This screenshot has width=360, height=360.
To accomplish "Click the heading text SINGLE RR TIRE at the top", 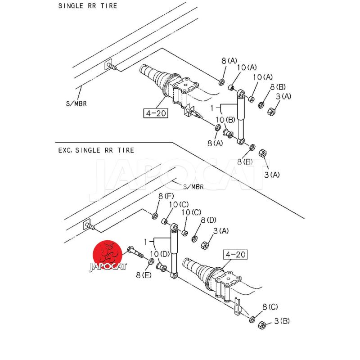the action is pyautogui.click(x=87, y=6).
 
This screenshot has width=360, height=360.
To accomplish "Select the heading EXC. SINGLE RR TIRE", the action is pyautogui.click(x=96, y=150).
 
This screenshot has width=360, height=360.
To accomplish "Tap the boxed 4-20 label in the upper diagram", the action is pyautogui.click(x=156, y=113).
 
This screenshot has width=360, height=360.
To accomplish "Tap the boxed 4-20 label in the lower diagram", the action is pyautogui.click(x=235, y=254).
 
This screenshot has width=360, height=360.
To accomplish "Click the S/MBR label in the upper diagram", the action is pyautogui.click(x=76, y=103).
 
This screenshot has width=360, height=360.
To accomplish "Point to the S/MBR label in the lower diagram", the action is pyautogui.click(x=193, y=187).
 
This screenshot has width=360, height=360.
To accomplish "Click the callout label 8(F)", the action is pyautogui.click(x=166, y=196).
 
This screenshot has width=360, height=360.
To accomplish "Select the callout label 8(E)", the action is pyautogui.click(x=144, y=275).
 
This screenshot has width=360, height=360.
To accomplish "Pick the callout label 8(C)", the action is pyautogui.click(x=270, y=307).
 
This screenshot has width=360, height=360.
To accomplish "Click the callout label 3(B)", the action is pyautogui.click(x=282, y=321).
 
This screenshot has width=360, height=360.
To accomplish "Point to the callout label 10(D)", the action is pyautogui.click(x=160, y=254).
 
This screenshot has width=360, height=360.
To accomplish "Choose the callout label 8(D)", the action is pyautogui.click(x=208, y=220).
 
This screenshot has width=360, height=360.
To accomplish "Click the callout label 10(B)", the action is pyautogui.click(x=225, y=120).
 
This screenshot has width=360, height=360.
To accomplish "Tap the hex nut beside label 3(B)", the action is pyautogui.click(x=262, y=325).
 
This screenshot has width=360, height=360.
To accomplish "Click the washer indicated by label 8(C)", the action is pyautogui.click(x=252, y=319).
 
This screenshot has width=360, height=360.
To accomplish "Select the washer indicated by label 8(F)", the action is pyautogui.click(x=155, y=216).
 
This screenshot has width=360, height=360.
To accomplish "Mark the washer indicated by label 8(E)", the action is pyautogui.click(x=151, y=261).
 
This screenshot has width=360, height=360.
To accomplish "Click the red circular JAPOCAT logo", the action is pyautogui.click(x=107, y=255).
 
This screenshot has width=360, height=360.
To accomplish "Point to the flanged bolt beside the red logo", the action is pyautogui.click(x=135, y=252).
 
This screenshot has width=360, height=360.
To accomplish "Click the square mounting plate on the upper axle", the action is pyautogui.click(x=186, y=85).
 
